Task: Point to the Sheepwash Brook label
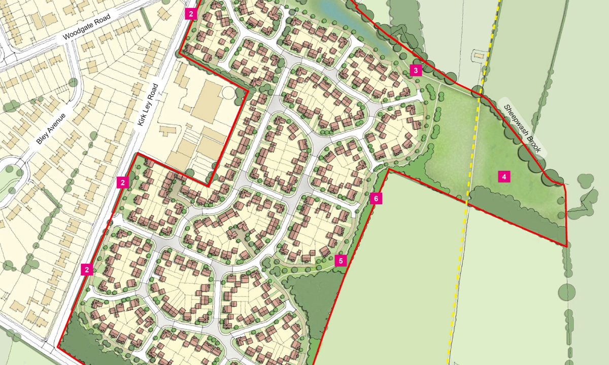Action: click(x=523, y=129)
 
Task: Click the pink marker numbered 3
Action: click(x=416, y=70)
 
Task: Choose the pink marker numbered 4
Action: click(x=503, y=177)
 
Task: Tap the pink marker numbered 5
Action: click(x=341, y=261)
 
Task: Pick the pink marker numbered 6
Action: click(x=376, y=199)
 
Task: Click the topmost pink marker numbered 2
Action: click(x=190, y=14)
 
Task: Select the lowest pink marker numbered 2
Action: click(x=87, y=270)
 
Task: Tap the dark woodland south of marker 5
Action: click(x=310, y=304)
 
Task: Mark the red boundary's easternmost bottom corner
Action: click(x=566, y=246)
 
